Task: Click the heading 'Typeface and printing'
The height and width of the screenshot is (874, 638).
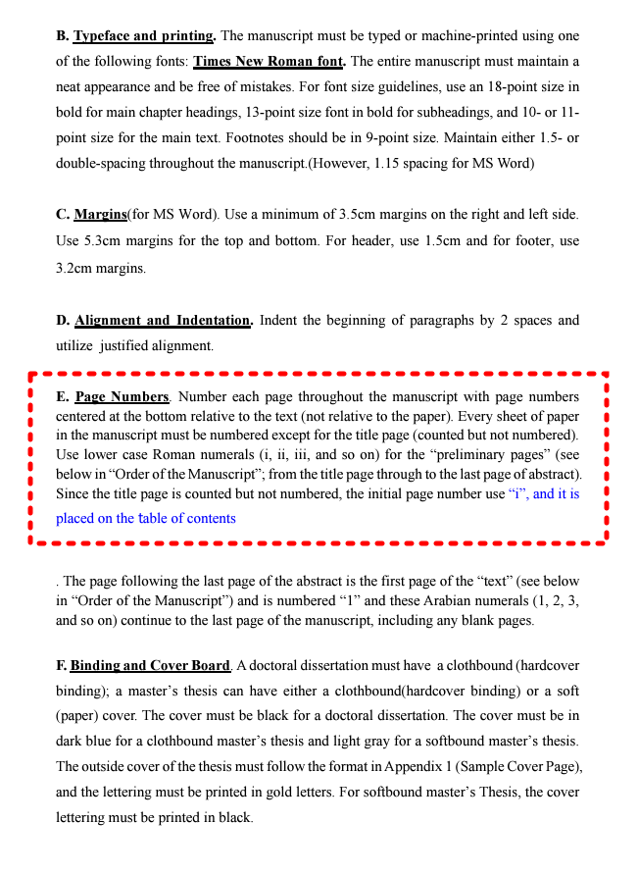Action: [x=145, y=36]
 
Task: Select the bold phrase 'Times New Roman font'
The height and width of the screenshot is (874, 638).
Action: [x=268, y=61]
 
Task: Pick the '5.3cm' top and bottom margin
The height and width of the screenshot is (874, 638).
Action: [x=101, y=240]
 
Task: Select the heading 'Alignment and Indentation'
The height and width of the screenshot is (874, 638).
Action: [x=164, y=320]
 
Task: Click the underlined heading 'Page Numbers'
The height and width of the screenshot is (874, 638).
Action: [x=123, y=397]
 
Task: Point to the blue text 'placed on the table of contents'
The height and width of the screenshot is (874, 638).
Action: [x=146, y=518]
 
